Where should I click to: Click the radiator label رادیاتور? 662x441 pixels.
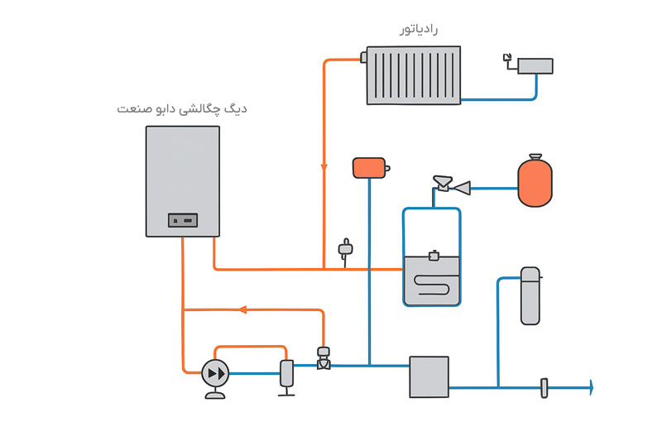[418, 30]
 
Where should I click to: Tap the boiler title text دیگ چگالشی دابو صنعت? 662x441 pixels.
[183, 108]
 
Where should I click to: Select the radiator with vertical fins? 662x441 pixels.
[414, 75]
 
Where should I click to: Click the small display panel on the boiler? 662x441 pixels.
[183, 220]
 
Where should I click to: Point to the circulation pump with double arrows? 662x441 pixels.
[216, 373]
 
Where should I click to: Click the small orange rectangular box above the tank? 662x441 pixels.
[369, 168]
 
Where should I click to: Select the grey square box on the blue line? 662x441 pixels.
[429, 376]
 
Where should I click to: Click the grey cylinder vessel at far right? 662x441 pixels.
[530, 295]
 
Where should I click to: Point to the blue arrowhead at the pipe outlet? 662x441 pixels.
[591, 386]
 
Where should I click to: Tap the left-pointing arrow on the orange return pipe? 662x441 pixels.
[242, 309]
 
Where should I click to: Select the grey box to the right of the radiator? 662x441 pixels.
[535, 65]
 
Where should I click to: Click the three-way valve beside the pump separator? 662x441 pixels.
[324, 358]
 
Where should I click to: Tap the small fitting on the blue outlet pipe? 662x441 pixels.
[544, 386]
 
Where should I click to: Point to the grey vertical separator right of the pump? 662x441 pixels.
[286, 373]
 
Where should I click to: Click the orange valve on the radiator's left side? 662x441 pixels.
[364, 58]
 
